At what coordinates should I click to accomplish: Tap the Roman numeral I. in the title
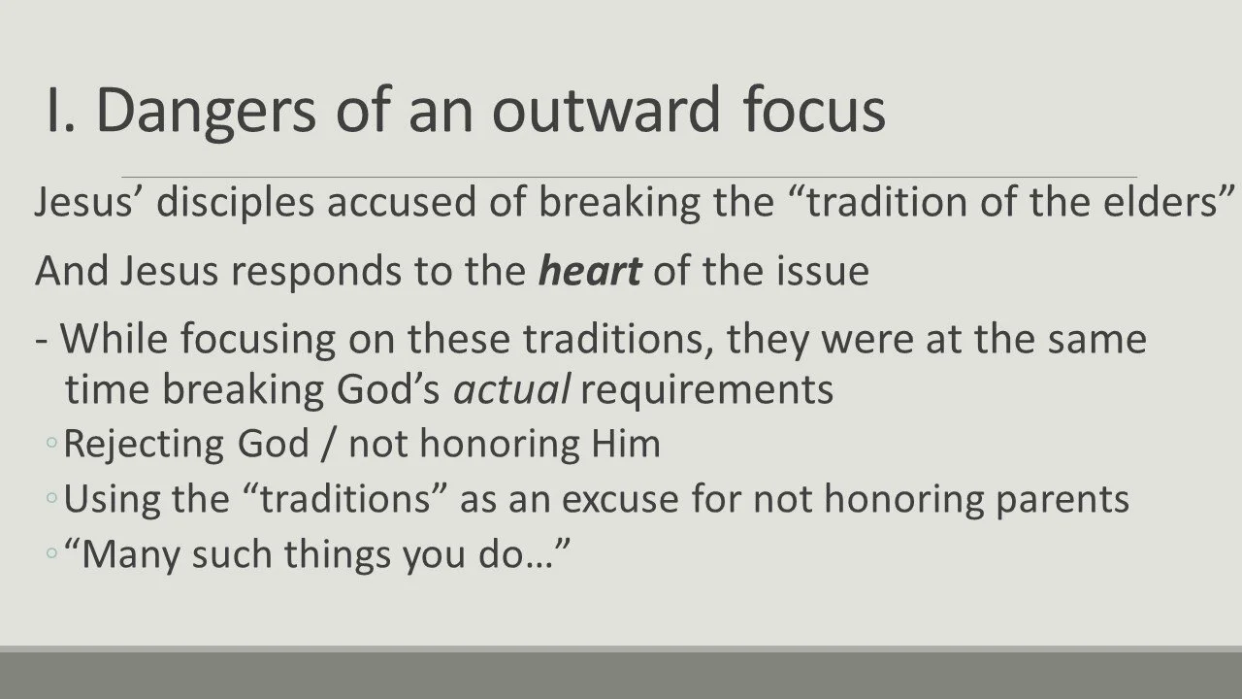[x=60, y=110]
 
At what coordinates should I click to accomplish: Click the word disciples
[x=236, y=203]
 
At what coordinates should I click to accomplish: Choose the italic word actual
[x=511, y=389]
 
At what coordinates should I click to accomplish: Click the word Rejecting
[x=144, y=445]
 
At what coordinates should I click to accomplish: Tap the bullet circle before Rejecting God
[x=51, y=444]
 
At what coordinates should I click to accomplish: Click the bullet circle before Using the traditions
[x=51, y=499]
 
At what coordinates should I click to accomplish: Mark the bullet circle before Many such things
[x=51, y=553]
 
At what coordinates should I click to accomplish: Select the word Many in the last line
[x=131, y=555]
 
